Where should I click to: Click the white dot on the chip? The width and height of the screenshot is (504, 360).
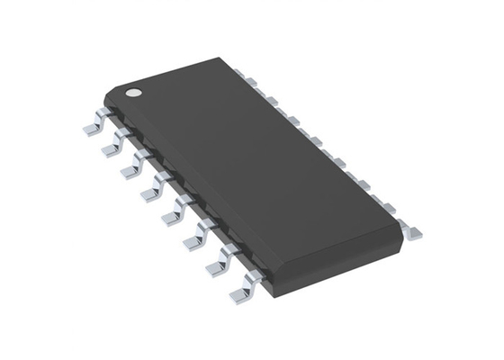point(132,92)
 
